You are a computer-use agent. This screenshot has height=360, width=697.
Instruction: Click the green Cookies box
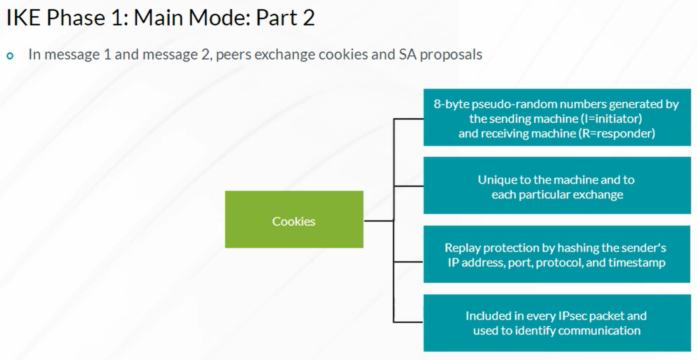click(x=294, y=219)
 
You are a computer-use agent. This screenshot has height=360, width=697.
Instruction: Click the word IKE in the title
click(x=23, y=18)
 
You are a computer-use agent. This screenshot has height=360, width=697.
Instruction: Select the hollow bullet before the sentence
click(x=10, y=56)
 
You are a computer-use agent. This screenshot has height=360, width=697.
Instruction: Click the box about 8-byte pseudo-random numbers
click(x=557, y=117)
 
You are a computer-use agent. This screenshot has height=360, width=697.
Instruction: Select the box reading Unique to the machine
click(x=557, y=185)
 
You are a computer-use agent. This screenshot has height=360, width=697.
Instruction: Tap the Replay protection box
click(x=557, y=254)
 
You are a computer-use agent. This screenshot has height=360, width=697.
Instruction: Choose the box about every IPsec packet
click(x=557, y=323)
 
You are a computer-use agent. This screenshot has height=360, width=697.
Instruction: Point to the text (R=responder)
click(x=617, y=134)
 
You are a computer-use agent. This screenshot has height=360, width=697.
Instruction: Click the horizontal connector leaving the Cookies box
click(x=379, y=221)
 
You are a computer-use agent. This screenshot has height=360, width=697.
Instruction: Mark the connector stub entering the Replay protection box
click(x=408, y=262)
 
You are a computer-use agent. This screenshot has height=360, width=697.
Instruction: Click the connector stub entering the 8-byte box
click(x=408, y=119)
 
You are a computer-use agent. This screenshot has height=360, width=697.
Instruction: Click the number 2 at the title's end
click(x=308, y=18)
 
